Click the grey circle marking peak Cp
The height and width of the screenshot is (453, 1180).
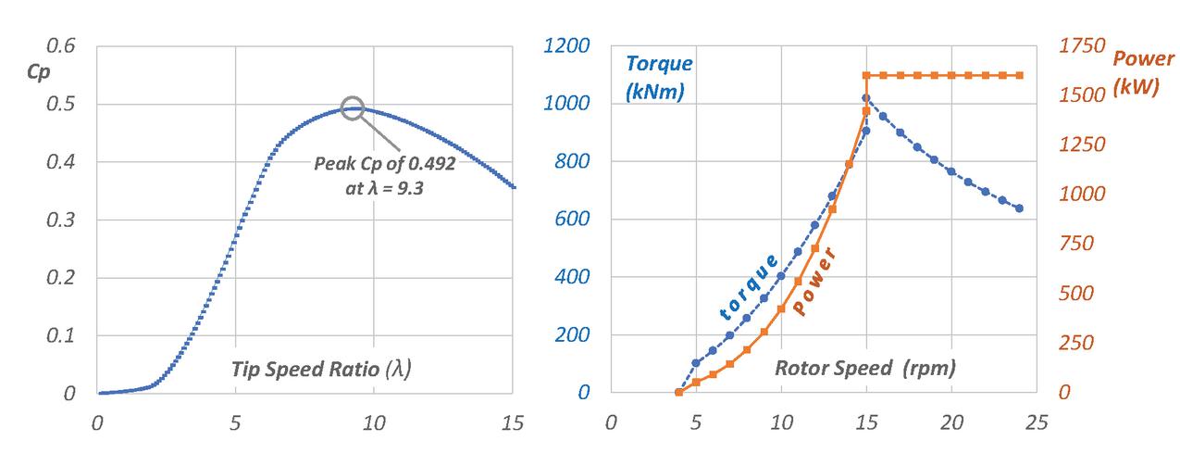pos(353,107)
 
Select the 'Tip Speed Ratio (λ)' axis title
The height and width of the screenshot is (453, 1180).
pos(321,368)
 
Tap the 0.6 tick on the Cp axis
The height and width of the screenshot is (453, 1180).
pos(60,46)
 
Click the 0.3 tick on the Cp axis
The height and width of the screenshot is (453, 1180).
pos(60,220)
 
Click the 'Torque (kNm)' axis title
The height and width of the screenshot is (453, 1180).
pos(658,78)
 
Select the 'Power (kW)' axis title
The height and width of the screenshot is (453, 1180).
pos(1143,72)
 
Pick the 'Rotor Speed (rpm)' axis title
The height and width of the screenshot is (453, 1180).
pos(864,368)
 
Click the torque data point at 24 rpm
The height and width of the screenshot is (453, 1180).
pos(1020,208)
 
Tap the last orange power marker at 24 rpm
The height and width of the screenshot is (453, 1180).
pos(1020,75)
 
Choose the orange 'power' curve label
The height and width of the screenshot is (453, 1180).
pos(816,282)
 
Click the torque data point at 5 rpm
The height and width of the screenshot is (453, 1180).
pos(696,363)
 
